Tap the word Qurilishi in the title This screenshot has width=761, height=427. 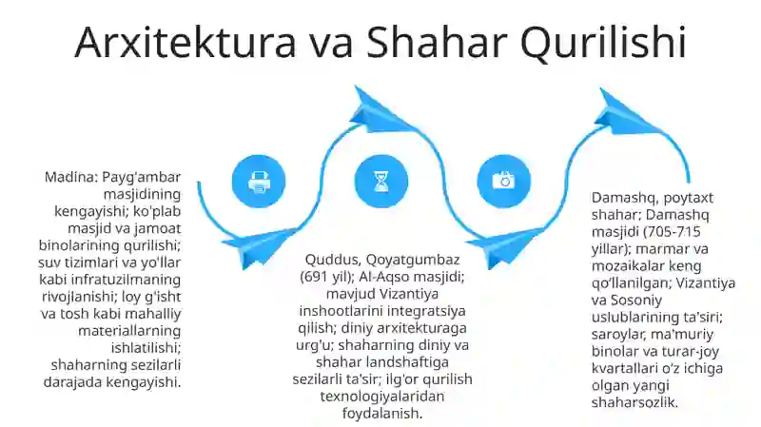[601, 44]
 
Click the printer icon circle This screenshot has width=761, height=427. [259, 181]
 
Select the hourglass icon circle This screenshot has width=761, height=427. [380, 181]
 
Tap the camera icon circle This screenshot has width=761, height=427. [502, 181]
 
